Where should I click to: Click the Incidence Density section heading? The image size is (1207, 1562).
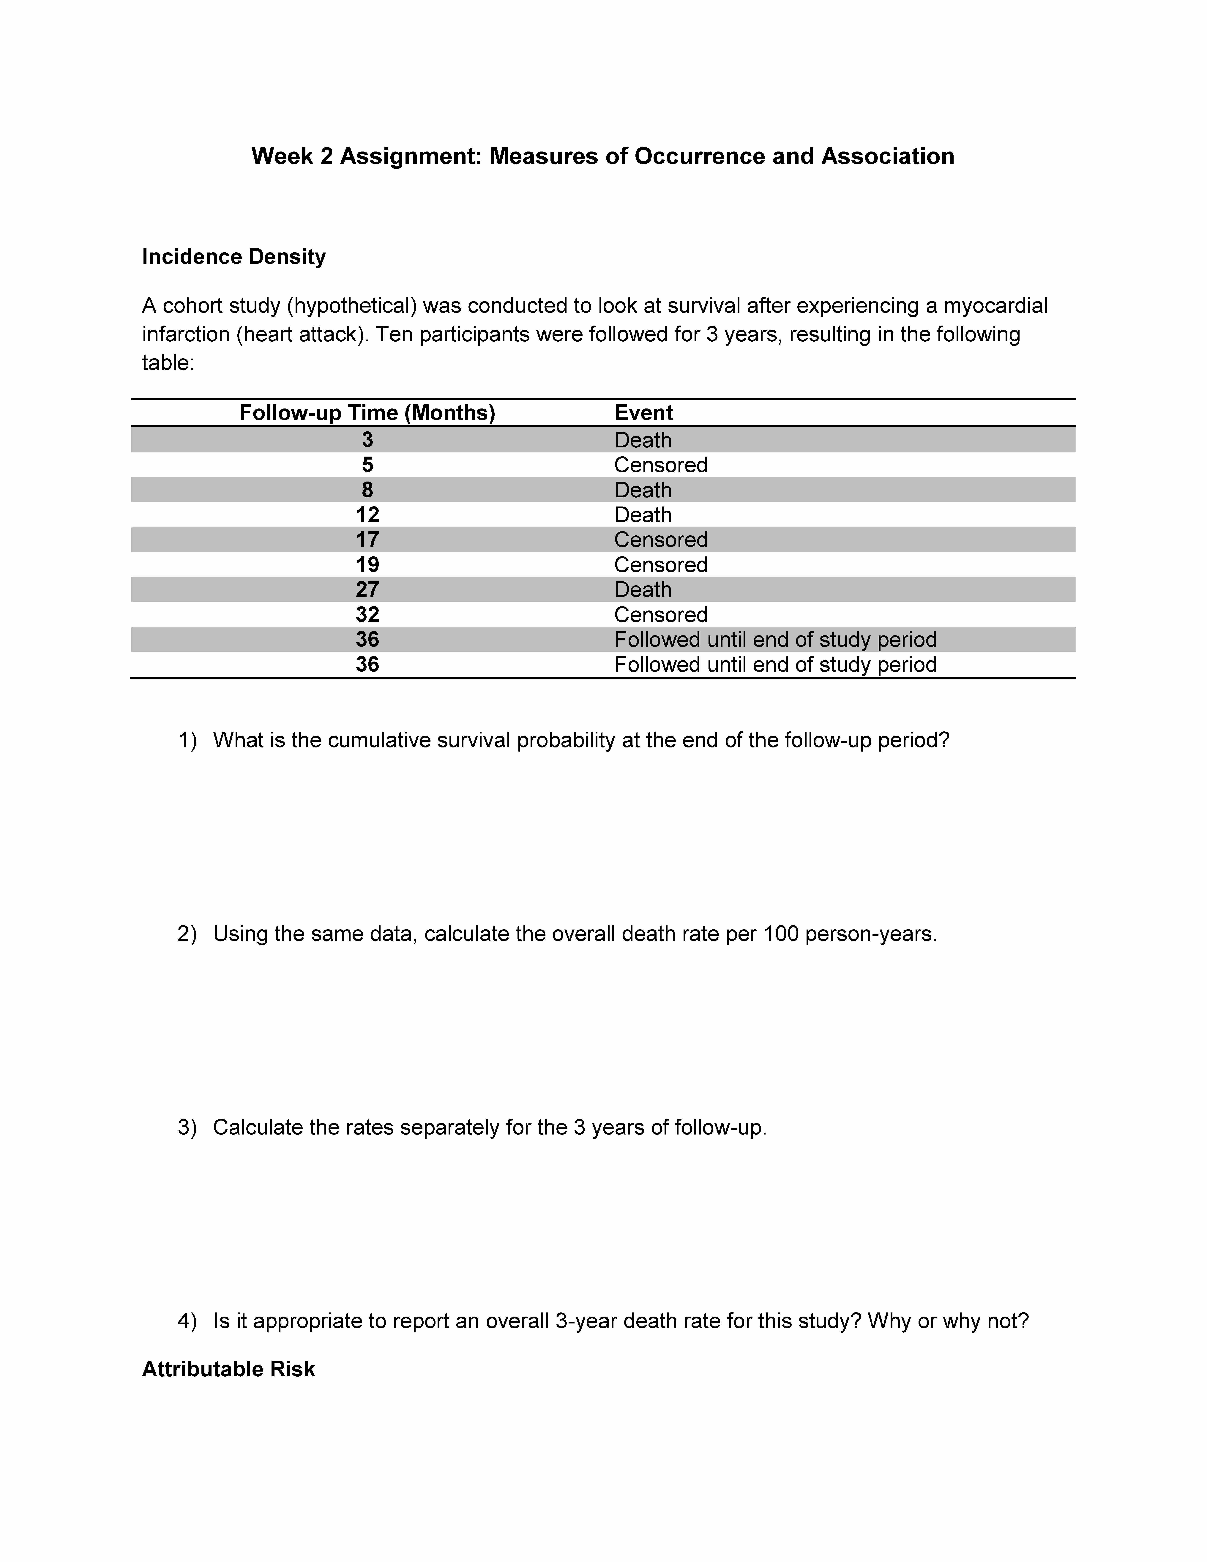[x=234, y=257]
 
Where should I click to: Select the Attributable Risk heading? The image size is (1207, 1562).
[x=228, y=1369]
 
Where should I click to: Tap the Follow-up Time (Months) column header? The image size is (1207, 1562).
[x=367, y=413]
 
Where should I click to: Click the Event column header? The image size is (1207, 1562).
[x=643, y=413]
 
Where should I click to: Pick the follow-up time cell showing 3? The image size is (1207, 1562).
[x=367, y=440]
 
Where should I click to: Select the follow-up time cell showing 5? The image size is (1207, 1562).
[x=367, y=465]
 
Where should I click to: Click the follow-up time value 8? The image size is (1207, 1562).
[x=367, y=490]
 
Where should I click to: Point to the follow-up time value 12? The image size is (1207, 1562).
[x=367, y=515]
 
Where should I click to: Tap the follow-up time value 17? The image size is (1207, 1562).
[x=367, y=540]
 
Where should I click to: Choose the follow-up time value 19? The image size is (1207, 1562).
[x=367, y=565]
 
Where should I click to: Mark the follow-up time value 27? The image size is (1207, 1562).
[x=367, y=590]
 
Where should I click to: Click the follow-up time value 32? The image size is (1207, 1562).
[x=367, y=615]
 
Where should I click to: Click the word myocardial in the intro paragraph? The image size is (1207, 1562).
[x=995, y=306]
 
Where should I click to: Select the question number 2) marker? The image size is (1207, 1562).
[x=187, y=934]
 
